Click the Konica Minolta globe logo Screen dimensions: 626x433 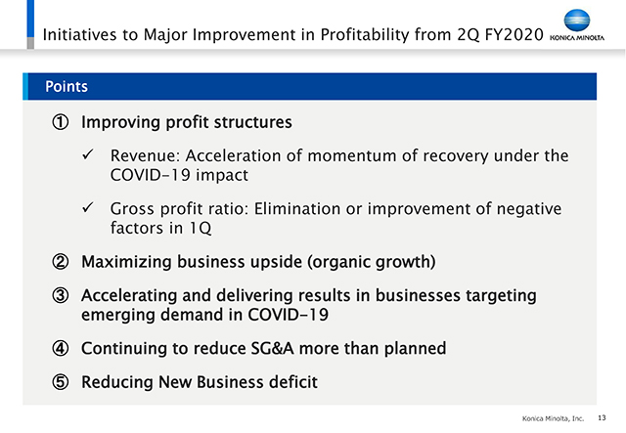tap(577, 21)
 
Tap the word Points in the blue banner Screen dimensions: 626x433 tap(67, 87)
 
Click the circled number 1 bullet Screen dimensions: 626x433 tap(61, 122)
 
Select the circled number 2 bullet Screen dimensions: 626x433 tap(61, 262)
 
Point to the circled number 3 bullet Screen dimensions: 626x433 tap(61, 296)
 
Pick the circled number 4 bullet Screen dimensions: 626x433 tap(61, 348)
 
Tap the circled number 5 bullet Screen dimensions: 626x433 tap(61, 382)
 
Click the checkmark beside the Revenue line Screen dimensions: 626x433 tap(88, 154)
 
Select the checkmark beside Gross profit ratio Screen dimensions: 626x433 tap(88, 207)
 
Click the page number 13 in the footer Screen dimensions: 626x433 tap(602, 417)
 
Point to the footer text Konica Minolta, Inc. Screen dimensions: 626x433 tap(553, 418)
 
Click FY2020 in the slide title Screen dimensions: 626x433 tap(514, 35)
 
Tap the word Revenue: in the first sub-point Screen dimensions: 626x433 tap(146, 155)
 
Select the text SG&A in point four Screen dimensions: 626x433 tap(272, 348)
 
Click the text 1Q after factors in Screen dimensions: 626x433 tap(200, 229)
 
